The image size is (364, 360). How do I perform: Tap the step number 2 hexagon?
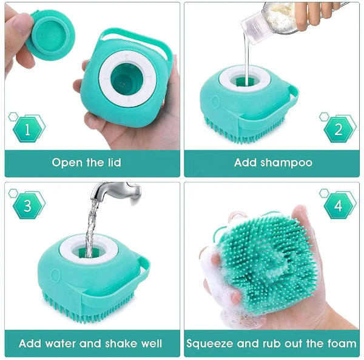click(338, 128)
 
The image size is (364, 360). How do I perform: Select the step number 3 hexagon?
click(27, 206)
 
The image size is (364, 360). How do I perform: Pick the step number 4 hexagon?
click(337, 206)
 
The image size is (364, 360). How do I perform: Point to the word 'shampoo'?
click(285, 162)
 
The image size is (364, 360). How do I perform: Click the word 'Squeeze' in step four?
click(210, 344)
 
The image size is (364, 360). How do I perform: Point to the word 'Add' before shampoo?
click(245, 162)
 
